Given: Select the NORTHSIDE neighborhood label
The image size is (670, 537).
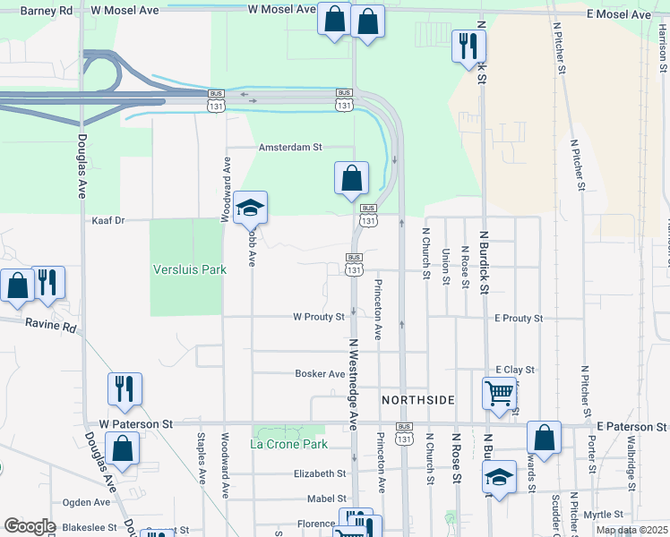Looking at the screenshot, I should pos(419,399).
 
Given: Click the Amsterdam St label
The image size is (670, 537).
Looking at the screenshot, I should pos(289,147).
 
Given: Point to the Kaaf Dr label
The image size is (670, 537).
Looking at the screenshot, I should pos(107,219).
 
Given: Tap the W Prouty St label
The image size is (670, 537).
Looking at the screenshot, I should pos(318,317).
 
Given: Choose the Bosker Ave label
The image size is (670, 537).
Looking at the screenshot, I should pos(320,374).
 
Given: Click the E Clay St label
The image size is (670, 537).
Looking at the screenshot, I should pos(514,370).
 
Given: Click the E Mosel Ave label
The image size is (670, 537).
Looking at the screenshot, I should pos(620,14).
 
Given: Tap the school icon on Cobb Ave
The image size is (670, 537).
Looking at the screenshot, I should pos(251,208).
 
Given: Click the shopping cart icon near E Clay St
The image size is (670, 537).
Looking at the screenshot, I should pos(499,392).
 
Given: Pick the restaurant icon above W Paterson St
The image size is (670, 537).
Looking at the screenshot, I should pos(125,388).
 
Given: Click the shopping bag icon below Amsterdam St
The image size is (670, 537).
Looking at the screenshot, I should pos(352,177).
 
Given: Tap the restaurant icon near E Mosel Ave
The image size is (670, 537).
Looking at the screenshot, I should pos(466,46).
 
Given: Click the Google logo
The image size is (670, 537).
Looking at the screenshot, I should pos(30,526).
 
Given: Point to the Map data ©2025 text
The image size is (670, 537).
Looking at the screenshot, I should pos(632,530).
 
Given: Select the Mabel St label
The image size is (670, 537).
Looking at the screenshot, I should pos(326,499).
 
